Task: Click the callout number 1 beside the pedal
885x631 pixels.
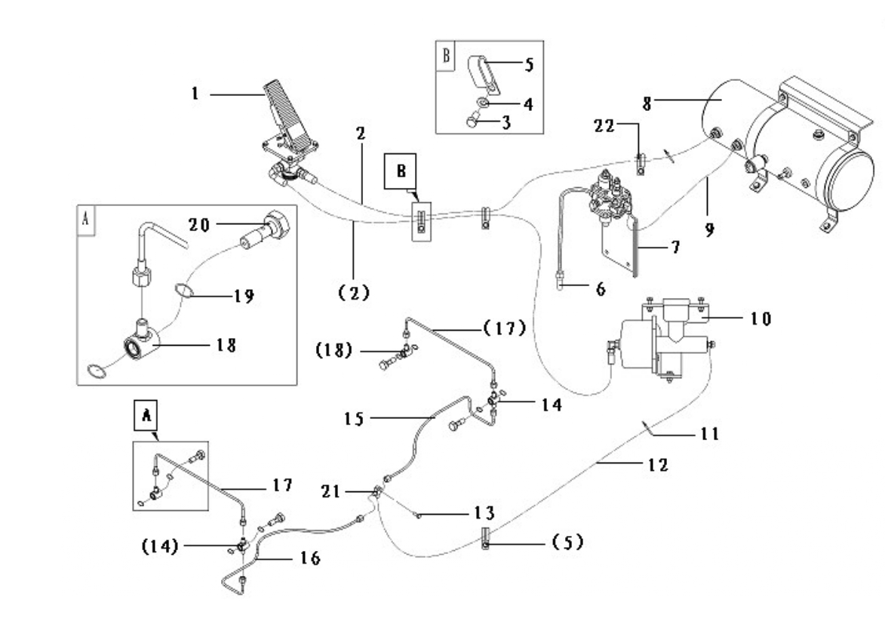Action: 195,93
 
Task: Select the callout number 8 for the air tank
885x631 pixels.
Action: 647,103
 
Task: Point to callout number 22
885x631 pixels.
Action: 604,126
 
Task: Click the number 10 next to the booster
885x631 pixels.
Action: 761,319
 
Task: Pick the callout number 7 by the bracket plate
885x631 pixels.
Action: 675,248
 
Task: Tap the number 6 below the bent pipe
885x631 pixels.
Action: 601,289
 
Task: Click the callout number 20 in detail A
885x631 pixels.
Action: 198,225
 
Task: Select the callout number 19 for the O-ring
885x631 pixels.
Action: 244,296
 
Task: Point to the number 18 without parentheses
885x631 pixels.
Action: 226,345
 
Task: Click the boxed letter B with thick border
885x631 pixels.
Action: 401,171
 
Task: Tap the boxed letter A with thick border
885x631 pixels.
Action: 146,416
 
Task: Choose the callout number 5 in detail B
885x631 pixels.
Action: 529,64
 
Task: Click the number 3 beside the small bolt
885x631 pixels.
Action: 506,122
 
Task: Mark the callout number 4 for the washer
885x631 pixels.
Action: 528,104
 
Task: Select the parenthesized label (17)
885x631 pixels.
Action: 505,328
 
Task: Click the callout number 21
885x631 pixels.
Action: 330,491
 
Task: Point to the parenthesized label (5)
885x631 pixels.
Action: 567,543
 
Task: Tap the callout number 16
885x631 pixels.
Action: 310,559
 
